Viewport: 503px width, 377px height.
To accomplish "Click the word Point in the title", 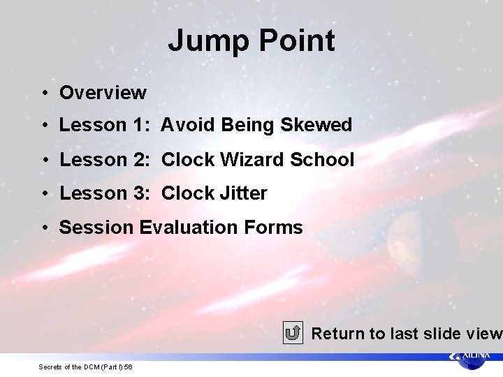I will click(298, 41).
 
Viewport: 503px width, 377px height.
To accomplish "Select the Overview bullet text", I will click(103, 92).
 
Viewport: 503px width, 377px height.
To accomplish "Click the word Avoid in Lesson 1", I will click(188, 125).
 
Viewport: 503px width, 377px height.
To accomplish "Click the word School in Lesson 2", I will click(322, 159).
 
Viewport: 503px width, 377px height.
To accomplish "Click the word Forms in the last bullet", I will click(273, 227).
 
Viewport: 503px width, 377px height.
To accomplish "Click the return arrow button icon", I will click(293, 333).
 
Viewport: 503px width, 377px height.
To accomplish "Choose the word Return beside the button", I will click(338, 334).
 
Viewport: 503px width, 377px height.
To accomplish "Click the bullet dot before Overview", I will click(43, 93).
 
